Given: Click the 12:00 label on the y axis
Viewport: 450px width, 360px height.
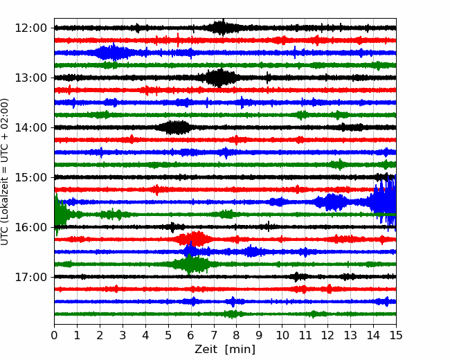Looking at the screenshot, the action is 30,28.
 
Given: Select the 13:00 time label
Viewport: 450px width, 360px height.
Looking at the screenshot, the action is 30,78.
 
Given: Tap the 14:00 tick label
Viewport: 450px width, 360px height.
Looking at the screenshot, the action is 30,127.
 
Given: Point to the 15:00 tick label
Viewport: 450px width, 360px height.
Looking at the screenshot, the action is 30,177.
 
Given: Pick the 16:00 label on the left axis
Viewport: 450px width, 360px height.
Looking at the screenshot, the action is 30,227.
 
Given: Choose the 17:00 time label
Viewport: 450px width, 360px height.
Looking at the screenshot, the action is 30,277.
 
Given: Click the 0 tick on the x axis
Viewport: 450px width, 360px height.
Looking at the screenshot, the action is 54,335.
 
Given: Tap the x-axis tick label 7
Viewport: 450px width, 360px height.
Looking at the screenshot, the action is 214,335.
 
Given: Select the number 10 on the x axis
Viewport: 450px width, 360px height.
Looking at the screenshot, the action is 282,335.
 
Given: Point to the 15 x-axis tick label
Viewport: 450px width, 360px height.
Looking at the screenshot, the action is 396,335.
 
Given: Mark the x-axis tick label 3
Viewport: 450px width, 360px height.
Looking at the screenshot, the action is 123,335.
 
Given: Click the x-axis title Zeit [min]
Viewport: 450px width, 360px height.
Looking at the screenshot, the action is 225,350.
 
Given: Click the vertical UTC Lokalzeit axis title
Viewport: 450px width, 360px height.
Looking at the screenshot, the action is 5,172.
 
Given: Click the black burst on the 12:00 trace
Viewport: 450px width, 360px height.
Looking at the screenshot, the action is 222,28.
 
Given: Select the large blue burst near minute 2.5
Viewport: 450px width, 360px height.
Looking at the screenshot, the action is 114,53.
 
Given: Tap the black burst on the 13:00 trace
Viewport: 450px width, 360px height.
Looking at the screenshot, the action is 219,78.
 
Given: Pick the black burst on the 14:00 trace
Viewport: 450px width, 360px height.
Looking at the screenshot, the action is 175,127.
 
